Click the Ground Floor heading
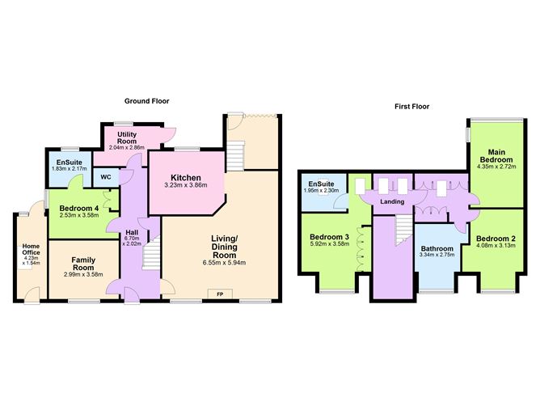[146, 101]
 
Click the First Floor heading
[412, 107]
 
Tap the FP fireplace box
[220, 294]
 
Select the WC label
[106, 177]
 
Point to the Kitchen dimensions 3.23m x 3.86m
[186, 185]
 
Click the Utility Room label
[127, 137]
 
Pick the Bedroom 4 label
[79, 209]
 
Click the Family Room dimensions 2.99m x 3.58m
[83, 274]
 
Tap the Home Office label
[31, 249]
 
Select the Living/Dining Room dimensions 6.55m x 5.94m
[224, 263]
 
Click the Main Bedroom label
[496, 156]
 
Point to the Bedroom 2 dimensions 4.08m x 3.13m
[496, 246]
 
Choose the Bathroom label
[437, 249]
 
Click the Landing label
[392, 201]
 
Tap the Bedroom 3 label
[329, 237]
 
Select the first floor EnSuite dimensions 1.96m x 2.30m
[321, 191]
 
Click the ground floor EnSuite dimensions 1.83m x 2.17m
[70, 169]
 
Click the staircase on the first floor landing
[403, 230]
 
